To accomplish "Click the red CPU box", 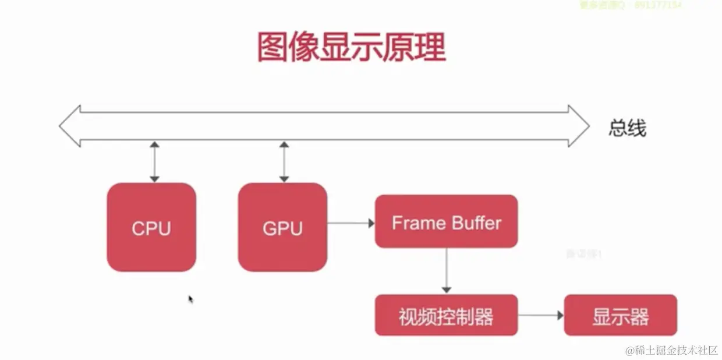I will [151, 227].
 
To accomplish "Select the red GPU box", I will [282, 227].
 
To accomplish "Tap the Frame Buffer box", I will [446, 221].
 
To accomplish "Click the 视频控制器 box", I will [446, 316].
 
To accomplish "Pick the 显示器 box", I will [621, 316].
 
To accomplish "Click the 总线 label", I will [627, 128].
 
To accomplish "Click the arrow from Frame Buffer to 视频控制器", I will [447, 270].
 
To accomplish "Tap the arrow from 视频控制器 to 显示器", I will [541, 315].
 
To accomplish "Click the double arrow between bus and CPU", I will [154, 161].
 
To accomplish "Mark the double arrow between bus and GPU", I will [284, 161].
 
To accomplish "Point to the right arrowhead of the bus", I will [579, 126].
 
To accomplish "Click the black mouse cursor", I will [190, 299].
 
